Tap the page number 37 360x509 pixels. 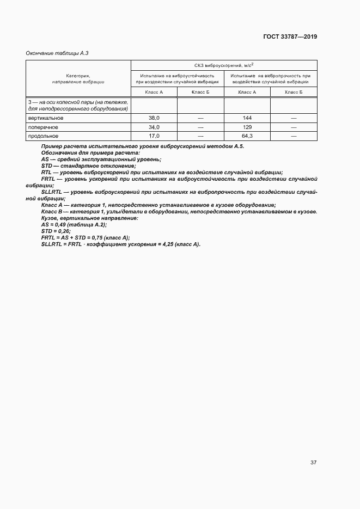point(313,462)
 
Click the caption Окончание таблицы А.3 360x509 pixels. point(57,53)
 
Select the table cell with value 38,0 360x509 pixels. point(154,118)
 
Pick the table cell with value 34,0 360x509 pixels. point(154,127)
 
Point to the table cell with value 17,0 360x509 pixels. point(154,136)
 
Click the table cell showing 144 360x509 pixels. point(247,118)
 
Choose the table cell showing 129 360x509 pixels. point(247,127)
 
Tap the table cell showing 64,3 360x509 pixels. point(247,136)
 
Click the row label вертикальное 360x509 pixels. point(46,118)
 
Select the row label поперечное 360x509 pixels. point(43,127)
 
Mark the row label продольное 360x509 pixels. point(43,136)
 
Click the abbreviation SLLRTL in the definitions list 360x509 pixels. point(52,192)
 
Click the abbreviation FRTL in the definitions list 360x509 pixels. point(48,179)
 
